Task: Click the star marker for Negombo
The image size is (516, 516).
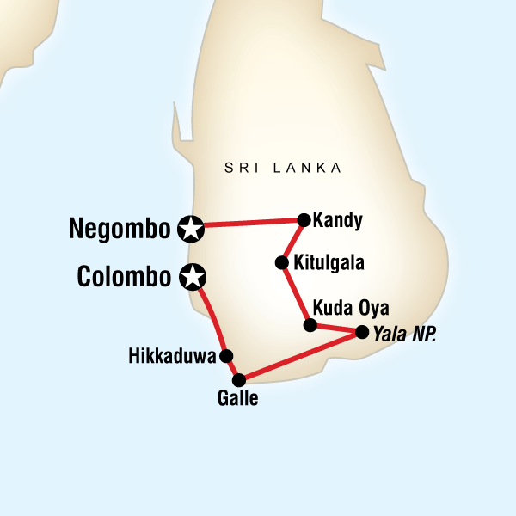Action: pos(191,228)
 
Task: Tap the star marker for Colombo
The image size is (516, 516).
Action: pos(193,277)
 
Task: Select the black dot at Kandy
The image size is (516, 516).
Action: pos(304,219)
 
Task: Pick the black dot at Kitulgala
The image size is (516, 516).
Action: pos(280,262)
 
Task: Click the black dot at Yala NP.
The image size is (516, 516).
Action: pos(361,331)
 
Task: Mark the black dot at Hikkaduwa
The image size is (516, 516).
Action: pos(225,355)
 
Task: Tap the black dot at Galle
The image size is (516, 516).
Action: pos(239,378)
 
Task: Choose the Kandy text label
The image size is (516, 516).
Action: pos(338,220)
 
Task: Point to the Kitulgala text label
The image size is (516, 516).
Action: pos(329,262)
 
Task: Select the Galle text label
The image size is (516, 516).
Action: pos(239,398)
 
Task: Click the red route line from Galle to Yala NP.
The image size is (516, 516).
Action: pos(300,354)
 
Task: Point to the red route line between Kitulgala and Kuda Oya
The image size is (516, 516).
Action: pos(295,293)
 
